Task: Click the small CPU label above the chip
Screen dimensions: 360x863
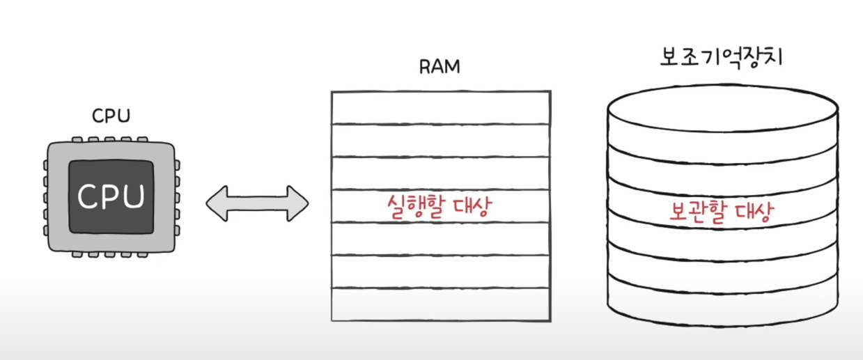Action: [111, 116]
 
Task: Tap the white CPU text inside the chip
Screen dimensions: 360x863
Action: [111, 197]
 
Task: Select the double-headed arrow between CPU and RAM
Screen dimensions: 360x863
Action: [257, 203]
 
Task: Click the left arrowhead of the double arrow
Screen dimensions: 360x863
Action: [218, 203]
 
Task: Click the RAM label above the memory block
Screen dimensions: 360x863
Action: [440, 68]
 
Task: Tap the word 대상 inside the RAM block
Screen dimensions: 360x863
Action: [463, 208]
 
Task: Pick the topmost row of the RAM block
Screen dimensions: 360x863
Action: [440, 107]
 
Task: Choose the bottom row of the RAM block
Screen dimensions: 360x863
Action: [440, 305]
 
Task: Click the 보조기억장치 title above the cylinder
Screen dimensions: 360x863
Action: [722, 56]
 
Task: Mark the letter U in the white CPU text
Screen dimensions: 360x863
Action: [132, 197]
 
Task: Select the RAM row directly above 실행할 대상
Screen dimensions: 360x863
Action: [440, 173]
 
